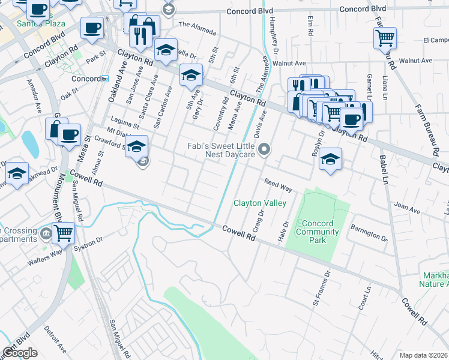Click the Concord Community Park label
(x=318, y=232)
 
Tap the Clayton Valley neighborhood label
(x=259, y=203)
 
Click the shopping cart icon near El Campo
(x=385, y=38)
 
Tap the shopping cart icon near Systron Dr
(x=63, y=233)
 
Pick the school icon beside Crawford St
(x=137, y=146)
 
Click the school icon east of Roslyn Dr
(x=330, y=159)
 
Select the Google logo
(x=20, y=353)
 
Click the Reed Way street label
(x=278, y=185)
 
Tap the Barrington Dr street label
(x=370, y=232)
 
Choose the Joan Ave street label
(x=406, y=209)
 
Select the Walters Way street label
(x=44, y=257)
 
